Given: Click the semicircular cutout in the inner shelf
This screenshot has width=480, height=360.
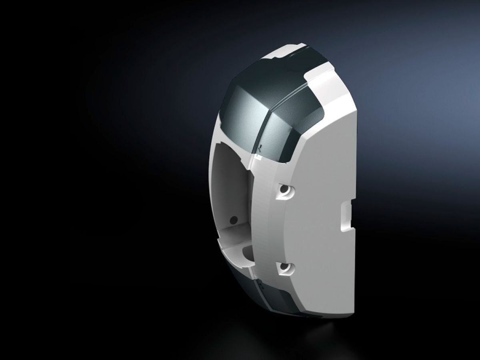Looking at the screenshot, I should [x=247, y=252].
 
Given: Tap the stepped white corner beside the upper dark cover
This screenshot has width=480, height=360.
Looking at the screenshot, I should [x=320, y=86].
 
